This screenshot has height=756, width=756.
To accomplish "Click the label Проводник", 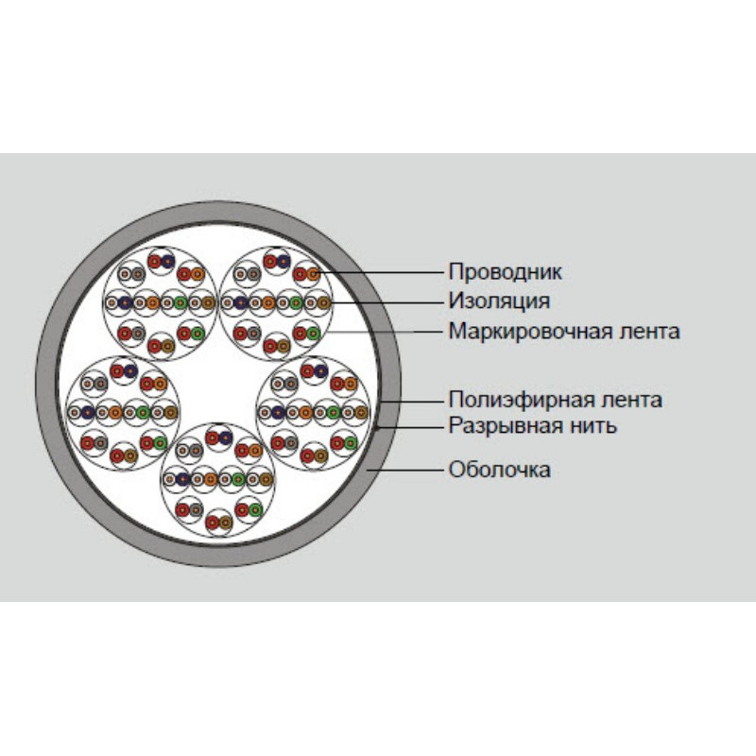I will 505,272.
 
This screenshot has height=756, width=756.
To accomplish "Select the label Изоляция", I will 499,301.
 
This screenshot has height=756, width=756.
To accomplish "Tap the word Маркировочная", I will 526,332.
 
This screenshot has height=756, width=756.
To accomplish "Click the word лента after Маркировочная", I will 645,332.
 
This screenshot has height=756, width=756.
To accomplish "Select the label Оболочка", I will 499,470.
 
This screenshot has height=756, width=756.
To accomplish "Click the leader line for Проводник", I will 378,273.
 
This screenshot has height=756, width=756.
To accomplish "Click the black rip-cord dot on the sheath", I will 378,427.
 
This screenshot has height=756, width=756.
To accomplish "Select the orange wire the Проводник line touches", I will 314,274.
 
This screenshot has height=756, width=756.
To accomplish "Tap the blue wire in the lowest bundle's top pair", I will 226,438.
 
